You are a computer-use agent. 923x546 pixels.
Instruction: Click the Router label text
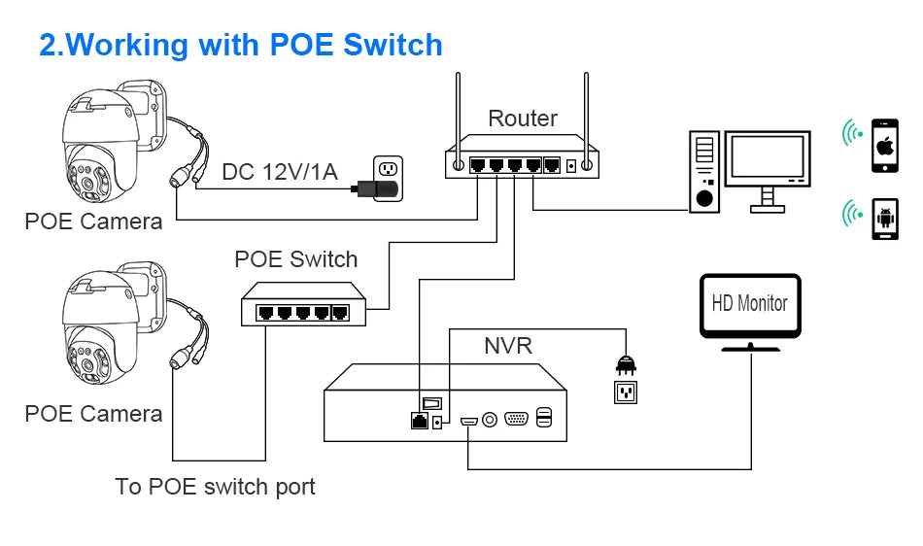point(523,119)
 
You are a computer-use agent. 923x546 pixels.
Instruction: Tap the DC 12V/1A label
point(280,172)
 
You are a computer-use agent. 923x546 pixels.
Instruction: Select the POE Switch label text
point(295,259)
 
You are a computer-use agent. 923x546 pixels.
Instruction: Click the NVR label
point(507,345)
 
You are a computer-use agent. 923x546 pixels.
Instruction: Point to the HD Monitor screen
point(750,304)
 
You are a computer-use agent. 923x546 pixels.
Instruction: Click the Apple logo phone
point(884,146)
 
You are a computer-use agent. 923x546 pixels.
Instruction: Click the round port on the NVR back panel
point(490,419)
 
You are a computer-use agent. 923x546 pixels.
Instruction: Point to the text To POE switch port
point(215,486)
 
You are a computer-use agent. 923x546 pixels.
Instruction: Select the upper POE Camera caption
point(93,222)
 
